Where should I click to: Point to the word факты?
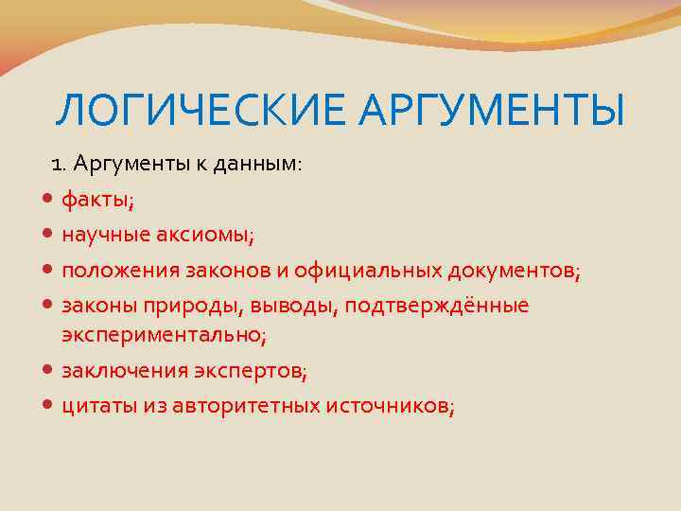tap(96, 201)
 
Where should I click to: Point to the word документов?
tap(512, 272)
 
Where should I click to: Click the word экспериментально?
tap(162, 335)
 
